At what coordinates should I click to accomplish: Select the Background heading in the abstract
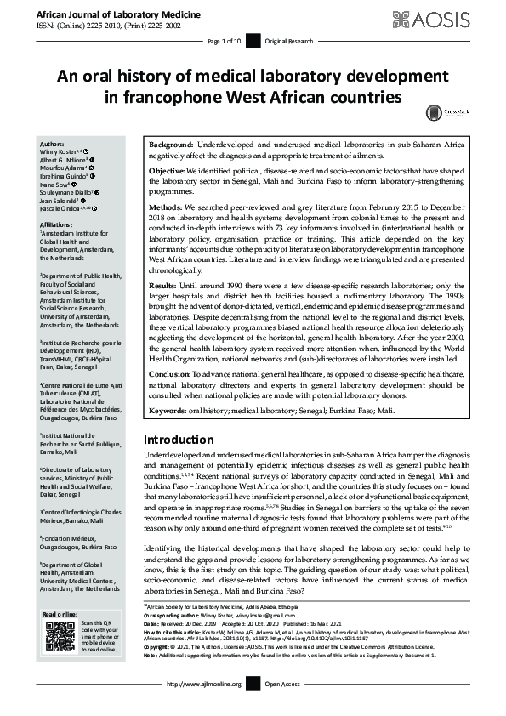coord(172,147)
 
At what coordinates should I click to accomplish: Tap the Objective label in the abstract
coord(169,171)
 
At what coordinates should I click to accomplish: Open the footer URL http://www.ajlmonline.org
coord(205,707)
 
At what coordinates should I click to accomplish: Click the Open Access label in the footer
coord(283,707)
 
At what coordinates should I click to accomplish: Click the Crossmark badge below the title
coord(435,111)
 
